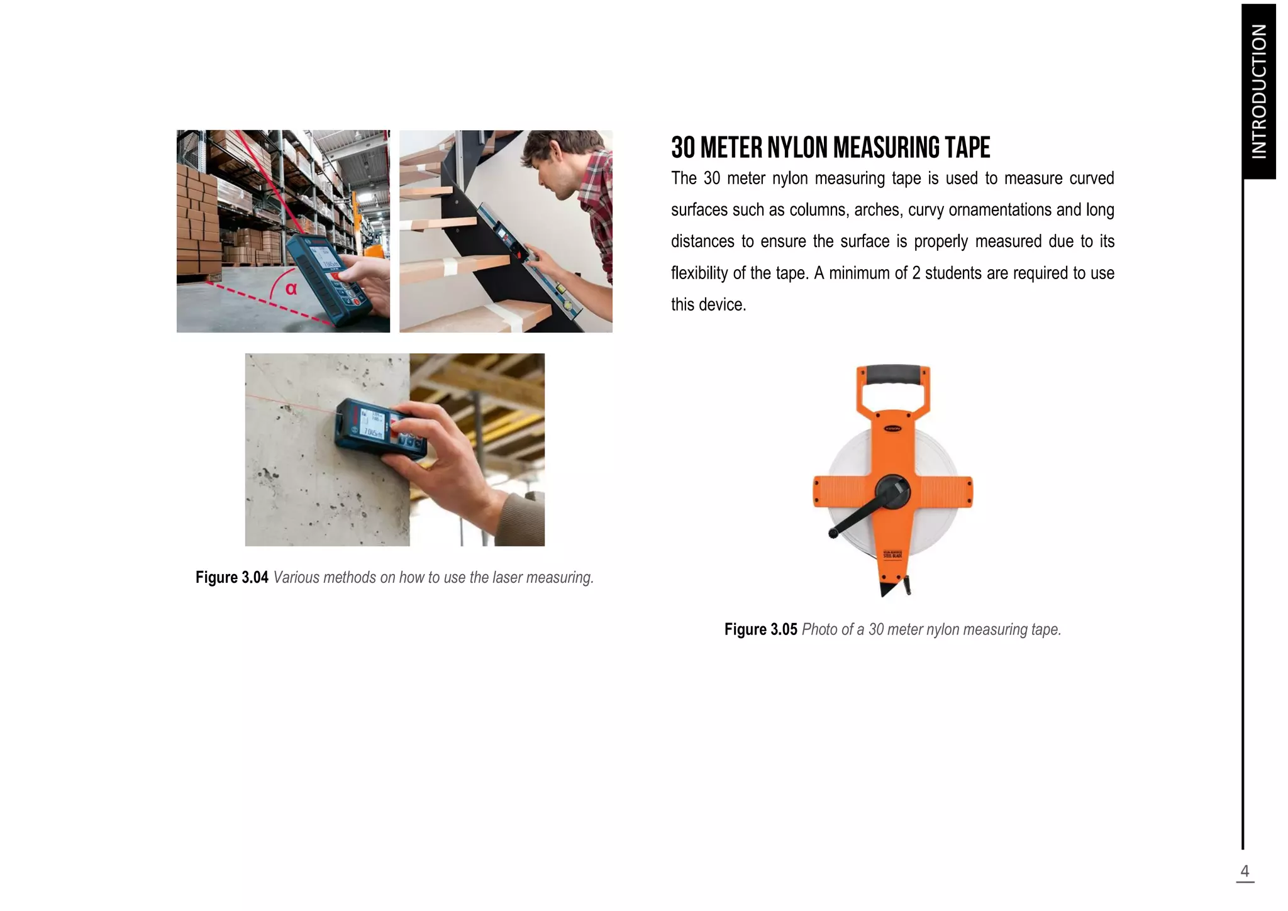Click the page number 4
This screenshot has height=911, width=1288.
point(1244,871)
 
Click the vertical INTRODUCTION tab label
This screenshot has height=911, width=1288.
point(1258,91)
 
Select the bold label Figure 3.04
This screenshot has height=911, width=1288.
point(231,577)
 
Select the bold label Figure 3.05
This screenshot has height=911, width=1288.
point(760,629)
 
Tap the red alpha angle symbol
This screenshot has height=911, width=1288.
point(291,289)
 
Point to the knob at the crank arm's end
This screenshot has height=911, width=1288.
point(833,534)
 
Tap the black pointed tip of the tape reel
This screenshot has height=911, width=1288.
point(888,590)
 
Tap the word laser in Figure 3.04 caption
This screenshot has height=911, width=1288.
point(507,577)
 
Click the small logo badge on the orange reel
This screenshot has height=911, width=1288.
point(893,428)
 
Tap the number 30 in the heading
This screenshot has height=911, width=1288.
point(683,148)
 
